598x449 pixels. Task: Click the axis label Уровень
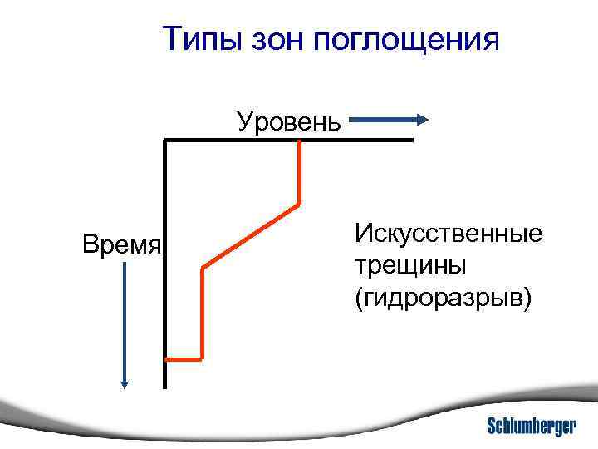coord(288,122)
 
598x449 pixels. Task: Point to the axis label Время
coord(121,244)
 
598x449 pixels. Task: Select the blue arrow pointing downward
coord(125,324)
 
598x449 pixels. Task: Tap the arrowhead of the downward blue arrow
coord(125,383)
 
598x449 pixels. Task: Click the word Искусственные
coord(448,233)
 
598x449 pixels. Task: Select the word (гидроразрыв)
coord(441,298)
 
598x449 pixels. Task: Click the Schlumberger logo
coord(532,426)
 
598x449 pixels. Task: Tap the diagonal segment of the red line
coord(251,234)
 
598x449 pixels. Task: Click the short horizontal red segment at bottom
coord(184,359)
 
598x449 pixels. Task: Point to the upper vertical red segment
coord(299,171)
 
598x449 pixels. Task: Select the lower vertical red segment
coord(202,313)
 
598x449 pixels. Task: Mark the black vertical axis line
coord(165,266)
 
